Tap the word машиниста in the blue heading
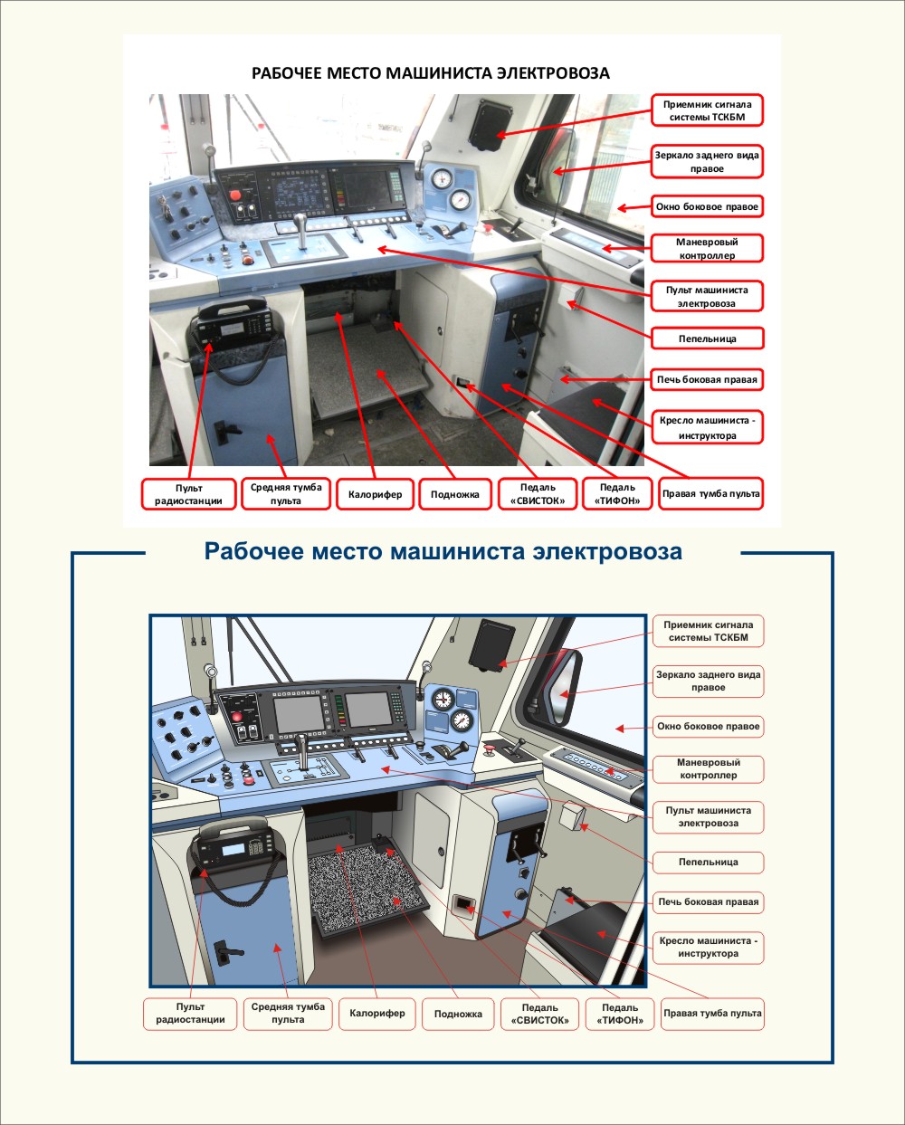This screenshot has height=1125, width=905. point(457,551)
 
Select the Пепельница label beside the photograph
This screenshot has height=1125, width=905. point(707,338)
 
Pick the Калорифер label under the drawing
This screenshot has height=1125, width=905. point(377,1013)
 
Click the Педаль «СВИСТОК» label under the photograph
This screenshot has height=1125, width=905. point(538,494)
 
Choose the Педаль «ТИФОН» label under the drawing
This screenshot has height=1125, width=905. point(620,1014)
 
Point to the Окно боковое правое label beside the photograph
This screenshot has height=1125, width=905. point(707,206)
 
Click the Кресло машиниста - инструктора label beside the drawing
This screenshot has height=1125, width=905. point(708,947)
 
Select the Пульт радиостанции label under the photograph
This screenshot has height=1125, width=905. point(189,494)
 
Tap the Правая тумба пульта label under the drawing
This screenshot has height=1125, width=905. point(712,1013)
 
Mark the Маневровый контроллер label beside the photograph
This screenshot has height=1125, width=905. point(707,248)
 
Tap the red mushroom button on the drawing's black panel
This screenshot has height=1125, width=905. point(237,717)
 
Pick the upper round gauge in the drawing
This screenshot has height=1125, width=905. point(443,698)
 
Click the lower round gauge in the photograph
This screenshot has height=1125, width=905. point(460,200)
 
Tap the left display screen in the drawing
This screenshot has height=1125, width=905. point(299,714)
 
